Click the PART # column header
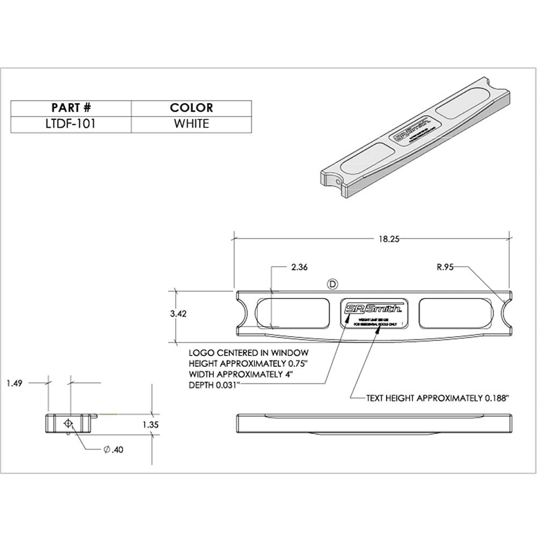pyautogui.click(x=71, y=108)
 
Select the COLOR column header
pyautogui.click(x=191, y=108)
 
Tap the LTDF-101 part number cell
pyautogui.click(x=71, y=124)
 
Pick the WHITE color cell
pyautogui.click(x=191, y=124)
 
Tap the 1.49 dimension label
pyautogui.click(x=15, y=383)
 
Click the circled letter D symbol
pyautogui.click(x=332, y=283)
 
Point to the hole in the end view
pyautogui.click(x=68, y=423)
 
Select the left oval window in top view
pyautogui.click(x=291, y=314)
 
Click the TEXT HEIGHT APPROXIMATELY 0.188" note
pyautogui.click(x=437, y=398)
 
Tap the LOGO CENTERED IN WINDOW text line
pyautogui.click(x=248, y=353)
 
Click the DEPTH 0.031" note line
pyautogui.click(x=214, y=385)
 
